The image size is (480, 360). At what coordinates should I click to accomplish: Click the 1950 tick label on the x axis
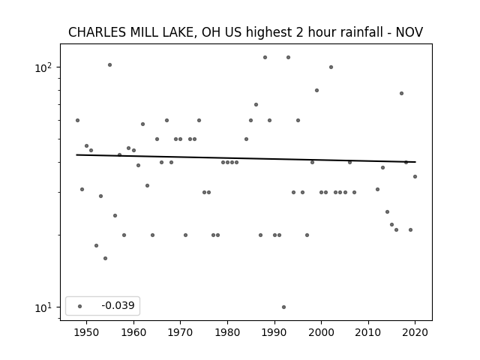click(86, 332)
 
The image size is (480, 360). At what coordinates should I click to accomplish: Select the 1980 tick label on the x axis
click(227, 332)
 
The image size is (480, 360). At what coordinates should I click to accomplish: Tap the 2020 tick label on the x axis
click(415, 332)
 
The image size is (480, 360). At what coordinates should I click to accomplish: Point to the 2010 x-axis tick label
click(368, 332)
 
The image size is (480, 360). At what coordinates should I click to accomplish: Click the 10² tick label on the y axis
click(43, 67)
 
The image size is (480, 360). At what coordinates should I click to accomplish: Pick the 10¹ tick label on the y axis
click(43, 307)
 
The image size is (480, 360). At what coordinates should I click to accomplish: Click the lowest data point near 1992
click(283, 307)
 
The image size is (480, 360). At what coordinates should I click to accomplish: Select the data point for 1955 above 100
click(110, 65)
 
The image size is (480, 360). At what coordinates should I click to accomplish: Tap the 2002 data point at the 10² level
click(331, 67)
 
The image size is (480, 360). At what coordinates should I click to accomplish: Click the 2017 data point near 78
click(402, 93)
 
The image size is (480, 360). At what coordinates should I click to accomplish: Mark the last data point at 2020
click(415, 177)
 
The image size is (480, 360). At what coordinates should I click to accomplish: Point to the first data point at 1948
click(77, 120)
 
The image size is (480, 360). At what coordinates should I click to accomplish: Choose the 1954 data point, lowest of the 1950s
click(105, 258)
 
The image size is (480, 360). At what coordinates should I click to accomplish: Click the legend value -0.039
click(118, 305)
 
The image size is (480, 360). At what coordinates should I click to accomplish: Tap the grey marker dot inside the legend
click(80, 306)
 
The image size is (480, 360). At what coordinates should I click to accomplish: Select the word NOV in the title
click(409, 32)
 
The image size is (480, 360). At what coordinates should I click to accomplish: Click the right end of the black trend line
click(415, 162)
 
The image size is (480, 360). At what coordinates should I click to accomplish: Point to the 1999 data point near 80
click(316, 90)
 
